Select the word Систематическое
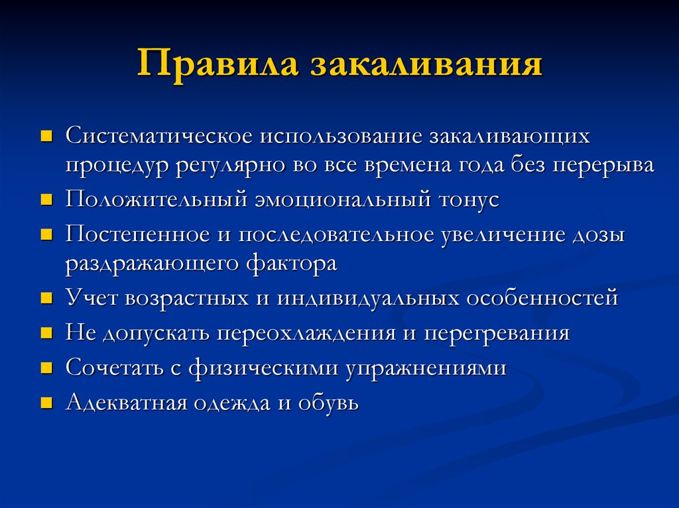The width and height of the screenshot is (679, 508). (x=158, y=136)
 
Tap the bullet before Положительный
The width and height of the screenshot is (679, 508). (x=46, y=201)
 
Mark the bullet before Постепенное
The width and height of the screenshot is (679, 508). (x=46, y=234)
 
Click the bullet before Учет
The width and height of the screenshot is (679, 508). (x=46, y=299)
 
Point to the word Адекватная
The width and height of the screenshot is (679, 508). (x=124, y=402)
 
